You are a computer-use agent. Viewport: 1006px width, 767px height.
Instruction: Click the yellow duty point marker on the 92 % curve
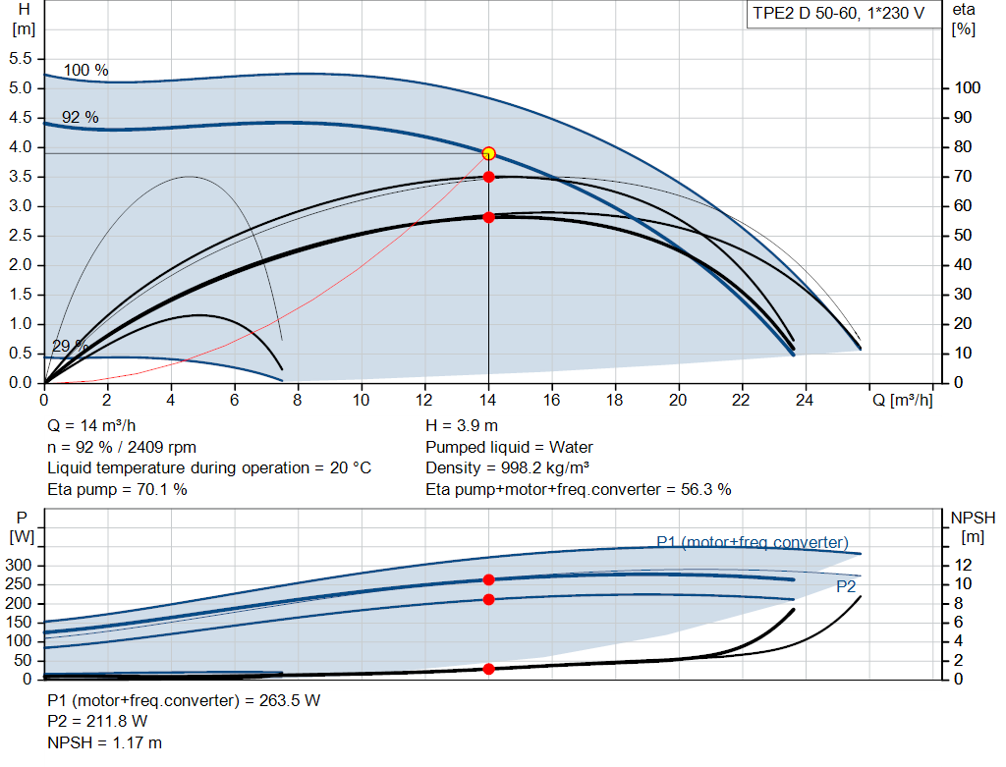488,153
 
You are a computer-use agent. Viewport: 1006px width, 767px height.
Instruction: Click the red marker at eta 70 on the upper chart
488,177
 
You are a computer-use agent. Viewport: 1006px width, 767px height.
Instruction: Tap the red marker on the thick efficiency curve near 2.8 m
488,217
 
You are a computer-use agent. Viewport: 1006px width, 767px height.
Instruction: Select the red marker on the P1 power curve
488,579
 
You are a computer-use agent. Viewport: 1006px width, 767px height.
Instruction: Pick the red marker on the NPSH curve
488,669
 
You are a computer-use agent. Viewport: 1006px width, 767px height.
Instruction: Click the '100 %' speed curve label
86,71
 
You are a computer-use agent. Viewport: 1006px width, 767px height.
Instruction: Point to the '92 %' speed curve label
81,117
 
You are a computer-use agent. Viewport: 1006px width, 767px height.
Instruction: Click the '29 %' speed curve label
70,346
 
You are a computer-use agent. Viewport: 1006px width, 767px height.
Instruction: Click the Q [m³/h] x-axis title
902,400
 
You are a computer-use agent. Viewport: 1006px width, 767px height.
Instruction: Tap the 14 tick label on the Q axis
488,400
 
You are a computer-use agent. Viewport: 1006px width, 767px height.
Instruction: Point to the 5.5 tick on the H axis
21,59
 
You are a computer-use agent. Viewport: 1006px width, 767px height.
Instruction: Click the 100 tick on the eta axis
968,88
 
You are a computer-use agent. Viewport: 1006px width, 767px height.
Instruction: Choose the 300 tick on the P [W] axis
21,566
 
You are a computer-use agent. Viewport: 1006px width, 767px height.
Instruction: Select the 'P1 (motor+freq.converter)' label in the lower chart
753,542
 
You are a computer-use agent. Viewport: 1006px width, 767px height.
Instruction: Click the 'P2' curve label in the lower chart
846,586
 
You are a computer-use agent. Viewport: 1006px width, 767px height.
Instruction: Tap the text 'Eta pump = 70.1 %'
117,489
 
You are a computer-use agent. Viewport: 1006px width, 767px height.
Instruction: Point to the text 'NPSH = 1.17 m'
105,742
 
